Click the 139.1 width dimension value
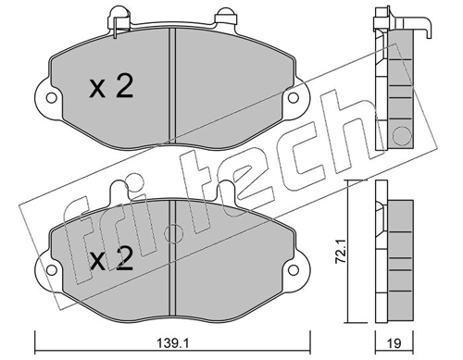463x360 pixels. click(x=173, y=343)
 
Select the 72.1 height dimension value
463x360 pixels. click(x=341, y=252)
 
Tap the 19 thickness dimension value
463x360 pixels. click(x=394, y=343)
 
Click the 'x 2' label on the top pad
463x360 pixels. click(x=111, y=87)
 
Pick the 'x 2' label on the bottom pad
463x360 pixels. click(x=111, y=258)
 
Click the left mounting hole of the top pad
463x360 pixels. click(x=51, y=98)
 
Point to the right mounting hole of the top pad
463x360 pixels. click(x=294, y=98)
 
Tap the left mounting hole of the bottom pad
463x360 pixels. click(x=51, y=270)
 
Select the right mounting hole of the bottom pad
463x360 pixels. click(x=294, y=270)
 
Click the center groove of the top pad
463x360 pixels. click(x=172, y=85)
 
